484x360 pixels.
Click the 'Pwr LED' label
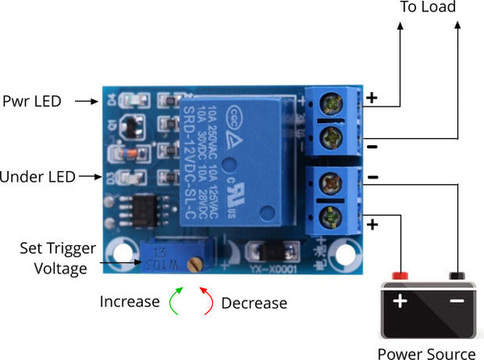point(32,102)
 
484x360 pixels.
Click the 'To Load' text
point(428,8)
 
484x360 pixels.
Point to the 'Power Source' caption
point(427,353)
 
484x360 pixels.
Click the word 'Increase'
point(130,302)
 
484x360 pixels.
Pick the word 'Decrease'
point(254,303)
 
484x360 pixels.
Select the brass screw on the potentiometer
point(194,263)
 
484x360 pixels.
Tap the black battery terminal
point(457,276)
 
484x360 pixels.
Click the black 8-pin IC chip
point(139,212)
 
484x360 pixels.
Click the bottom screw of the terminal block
point(332,217)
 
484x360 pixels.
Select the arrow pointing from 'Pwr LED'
point(85,102)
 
